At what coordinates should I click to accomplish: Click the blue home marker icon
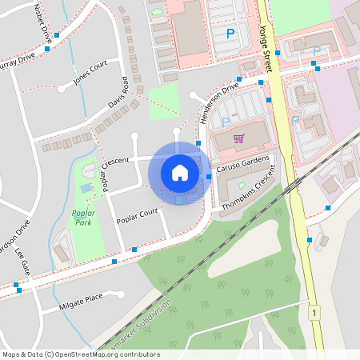tap(180, 172)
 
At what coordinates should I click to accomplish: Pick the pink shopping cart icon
tap(238, 138)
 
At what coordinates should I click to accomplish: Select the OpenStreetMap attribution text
tap(81, 354)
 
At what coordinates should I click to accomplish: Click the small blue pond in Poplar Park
tap(86, 188)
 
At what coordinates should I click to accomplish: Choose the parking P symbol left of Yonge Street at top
tap(231, 34)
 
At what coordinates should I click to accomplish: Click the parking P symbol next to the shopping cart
tap(225, 122)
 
